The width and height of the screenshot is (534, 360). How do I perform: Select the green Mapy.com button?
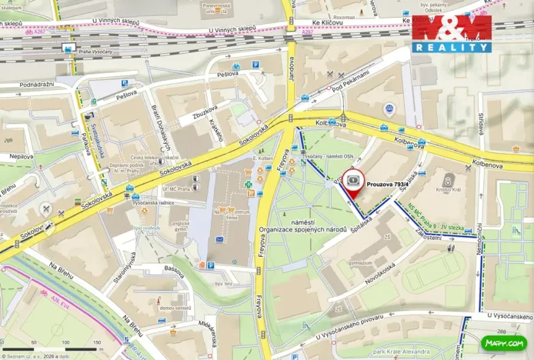click(x=503, y=342)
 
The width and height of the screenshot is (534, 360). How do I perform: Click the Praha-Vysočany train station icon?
click(x=67, y=48)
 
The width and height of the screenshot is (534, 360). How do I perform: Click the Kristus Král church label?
click(x=447, y=188)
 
